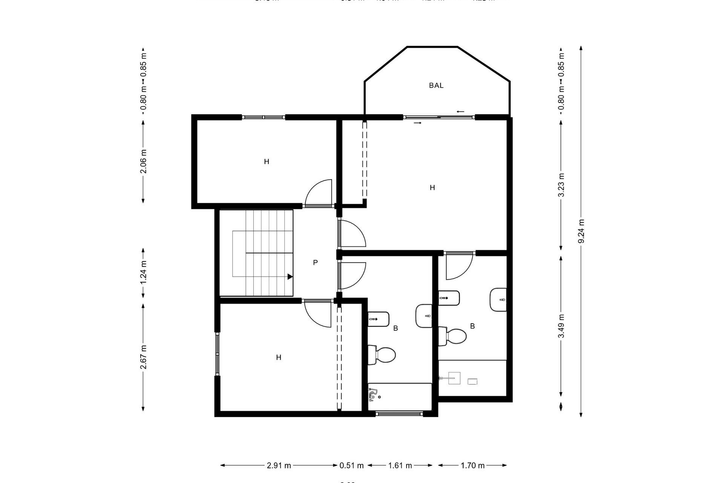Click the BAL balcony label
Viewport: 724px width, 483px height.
[436, 86]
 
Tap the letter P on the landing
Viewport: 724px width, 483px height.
[315, 263]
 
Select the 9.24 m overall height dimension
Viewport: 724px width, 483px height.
[581, 231]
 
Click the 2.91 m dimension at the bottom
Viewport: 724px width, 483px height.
[279, 465]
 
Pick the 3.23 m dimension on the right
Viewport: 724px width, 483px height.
[561, 185]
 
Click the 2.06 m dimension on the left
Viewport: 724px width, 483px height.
[143, 162]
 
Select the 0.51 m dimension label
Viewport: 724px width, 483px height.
[351, 465]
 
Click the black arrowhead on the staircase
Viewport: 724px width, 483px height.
[290, 277]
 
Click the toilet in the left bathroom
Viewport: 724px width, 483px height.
[382, 355]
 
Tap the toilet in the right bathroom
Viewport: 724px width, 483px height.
[454, 336]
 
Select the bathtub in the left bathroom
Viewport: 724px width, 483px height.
[400, 396]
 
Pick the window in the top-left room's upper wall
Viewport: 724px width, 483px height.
[263, 117]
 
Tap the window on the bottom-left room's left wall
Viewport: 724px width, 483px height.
[218, 354]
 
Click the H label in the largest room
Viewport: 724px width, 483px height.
[432, 188]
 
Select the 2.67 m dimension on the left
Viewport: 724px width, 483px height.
[143, 357]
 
